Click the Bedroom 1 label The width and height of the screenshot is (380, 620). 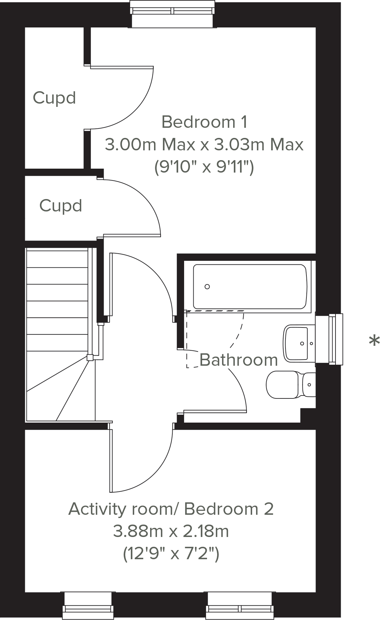click(x=204, y=122)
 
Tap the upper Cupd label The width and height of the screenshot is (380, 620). click(x=54, y=98)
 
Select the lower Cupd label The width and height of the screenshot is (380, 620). click(x=60, y=206)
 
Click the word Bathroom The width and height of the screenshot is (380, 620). click(x=238, y=360)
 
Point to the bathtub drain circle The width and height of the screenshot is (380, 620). click(x=207, y=287)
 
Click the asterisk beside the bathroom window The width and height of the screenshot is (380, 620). click(x=374, y=341)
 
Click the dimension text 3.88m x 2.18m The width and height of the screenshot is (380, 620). click(x=171, y=531)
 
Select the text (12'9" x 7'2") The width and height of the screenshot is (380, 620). click(x=171, y=554)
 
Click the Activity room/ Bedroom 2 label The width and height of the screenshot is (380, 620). click(x=171, y=509)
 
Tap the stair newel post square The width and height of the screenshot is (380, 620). click(x=90, y=357)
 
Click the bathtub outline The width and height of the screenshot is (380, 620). click(x=250, y=287)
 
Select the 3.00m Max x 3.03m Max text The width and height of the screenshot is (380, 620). click(x=204, y=144)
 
